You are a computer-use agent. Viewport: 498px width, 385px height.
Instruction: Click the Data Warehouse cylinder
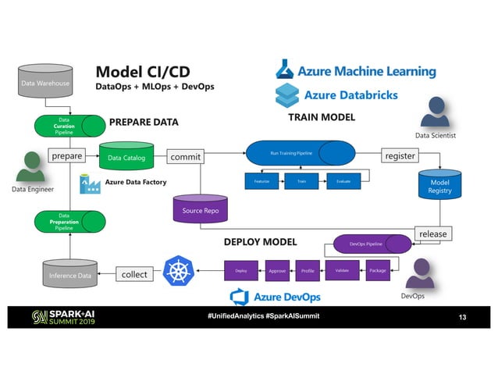coord(45,81)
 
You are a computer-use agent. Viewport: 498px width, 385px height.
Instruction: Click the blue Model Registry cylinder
coord(439,186)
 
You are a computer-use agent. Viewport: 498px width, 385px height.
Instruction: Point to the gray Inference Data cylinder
coord(69,274)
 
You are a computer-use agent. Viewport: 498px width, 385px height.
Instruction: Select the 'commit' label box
coord(185,157)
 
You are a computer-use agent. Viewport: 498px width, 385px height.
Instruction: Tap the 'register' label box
coord(400,156)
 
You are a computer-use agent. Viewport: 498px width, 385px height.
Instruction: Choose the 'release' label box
coord(432,233)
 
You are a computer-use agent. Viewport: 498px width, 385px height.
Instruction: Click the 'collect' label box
coord(133,274)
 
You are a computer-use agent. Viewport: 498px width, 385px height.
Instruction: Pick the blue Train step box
coord(301,181)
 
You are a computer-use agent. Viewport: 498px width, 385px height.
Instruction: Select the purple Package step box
coord(378,270)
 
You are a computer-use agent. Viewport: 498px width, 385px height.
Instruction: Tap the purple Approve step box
coord(277,271)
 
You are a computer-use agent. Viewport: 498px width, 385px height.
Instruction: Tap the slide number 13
coord(465,317)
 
